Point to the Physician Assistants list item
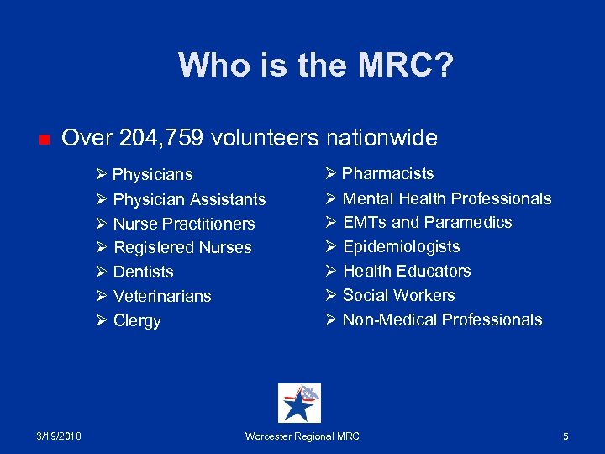tap(189, 199)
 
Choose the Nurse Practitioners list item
tap(184, 224)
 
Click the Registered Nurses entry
tap(182, 247)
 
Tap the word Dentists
tap(143, 272)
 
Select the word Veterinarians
tap(162, 296)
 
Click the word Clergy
tap(137, 320)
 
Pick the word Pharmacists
tap(388, 173)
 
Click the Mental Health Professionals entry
tap(447, 198)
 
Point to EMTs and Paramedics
tap(427, 222)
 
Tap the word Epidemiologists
tap(402, 246)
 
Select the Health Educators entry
tap(407, 271)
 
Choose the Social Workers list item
tap(399, 295)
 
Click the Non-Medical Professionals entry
tap(442, 319)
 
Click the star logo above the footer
tap(299, 403)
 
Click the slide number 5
tap(566, 436)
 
